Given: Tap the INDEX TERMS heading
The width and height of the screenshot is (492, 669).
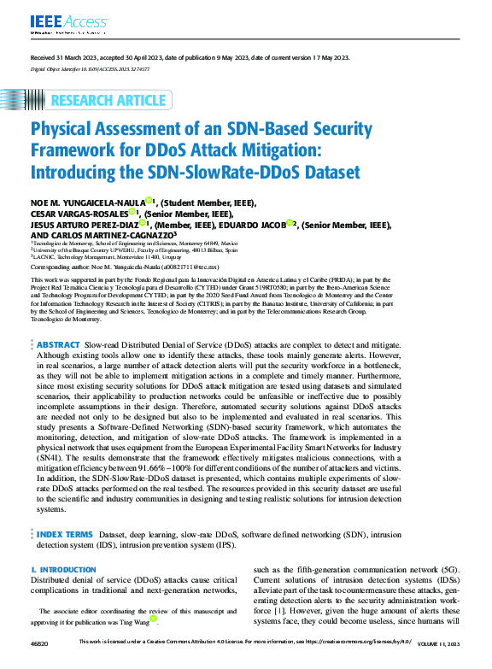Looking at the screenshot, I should (67, 534).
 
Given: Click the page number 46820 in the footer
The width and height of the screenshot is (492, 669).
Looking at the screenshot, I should (38, 663).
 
